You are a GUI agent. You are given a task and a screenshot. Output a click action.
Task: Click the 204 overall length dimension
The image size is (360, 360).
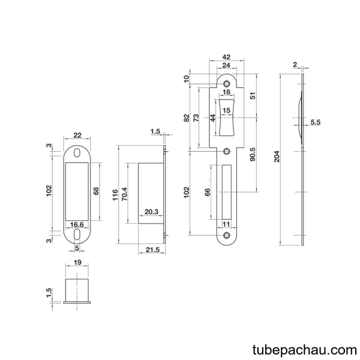tap(277, 157)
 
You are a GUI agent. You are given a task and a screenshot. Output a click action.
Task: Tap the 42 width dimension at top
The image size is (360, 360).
tap(226, 57)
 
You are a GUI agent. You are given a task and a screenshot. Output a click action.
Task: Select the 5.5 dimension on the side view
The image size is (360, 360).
tap(316, 122)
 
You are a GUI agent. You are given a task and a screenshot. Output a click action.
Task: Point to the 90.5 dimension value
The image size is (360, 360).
tap(253, 154)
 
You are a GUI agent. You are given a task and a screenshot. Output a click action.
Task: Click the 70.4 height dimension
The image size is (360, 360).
tap(124, 194)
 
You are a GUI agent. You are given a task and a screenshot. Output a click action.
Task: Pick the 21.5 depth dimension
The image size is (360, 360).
tap(152, 250)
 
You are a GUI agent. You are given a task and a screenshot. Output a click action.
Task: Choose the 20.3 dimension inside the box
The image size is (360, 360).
tap(151, 212)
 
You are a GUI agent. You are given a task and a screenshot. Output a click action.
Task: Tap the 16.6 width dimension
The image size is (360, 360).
tap(77, 224)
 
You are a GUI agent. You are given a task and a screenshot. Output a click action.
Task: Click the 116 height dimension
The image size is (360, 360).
tap(115, 194)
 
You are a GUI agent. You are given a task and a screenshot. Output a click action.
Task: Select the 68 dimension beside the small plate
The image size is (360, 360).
tap(96, 191)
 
